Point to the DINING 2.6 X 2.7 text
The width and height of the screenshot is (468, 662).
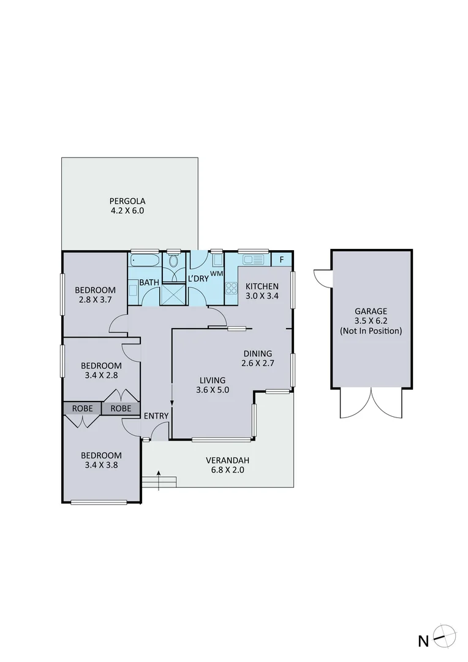click(257, 358)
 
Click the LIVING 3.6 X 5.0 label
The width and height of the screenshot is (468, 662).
click(212, 384)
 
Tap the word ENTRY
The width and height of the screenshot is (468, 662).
click(156, 416)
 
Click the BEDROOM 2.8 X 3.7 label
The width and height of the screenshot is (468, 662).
click(95, 295)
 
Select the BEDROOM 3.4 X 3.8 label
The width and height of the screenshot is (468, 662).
click(101, 460)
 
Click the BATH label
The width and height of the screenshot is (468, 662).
click(149, 283)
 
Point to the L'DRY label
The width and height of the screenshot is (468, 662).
click(198, 278)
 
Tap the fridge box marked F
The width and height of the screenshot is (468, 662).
click(281, 259)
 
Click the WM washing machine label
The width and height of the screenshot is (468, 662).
click(216, 273)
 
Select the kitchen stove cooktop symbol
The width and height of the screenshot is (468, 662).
click(232, 288)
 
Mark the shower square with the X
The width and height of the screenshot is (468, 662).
click(173, 295)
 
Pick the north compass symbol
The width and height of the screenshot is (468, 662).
click(443, 638)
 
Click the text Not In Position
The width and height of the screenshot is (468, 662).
click(371, 331)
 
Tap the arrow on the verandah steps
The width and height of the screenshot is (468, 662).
click(159, 480)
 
